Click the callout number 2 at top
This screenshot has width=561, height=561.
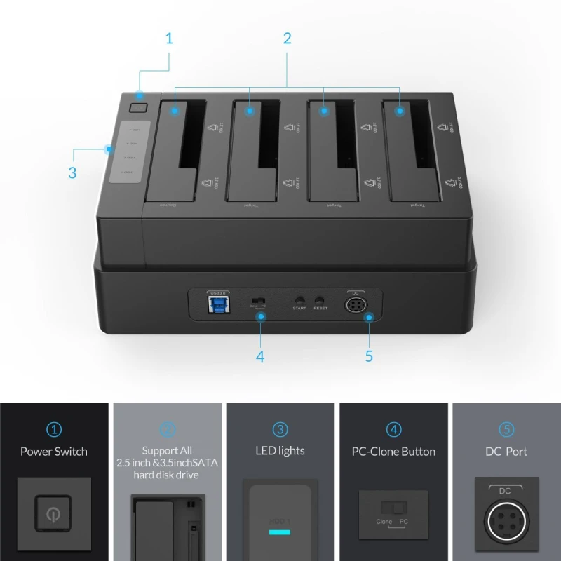tap(287, 38)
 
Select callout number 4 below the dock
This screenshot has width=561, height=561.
tap(260, 356)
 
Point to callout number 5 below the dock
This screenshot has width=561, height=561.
tap(369, 356)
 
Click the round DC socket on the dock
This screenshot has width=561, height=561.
tap(354, 305)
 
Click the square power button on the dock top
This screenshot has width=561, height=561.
tap(138, 108)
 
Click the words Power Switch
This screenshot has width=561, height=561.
tap(54, 452)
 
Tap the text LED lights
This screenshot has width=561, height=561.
tap(280, 452)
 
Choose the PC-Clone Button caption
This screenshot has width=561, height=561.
tap(393, 452)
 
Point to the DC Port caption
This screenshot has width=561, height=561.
tap(507, 452)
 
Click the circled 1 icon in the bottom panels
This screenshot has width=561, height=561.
tap(54, 429)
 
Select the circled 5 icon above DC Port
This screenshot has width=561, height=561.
tap(506, 429)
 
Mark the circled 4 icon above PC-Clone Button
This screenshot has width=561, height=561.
tap(393, 429)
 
